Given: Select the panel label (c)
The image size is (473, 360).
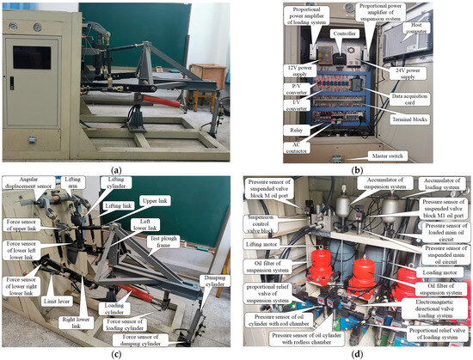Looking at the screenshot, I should pos(117,352).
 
